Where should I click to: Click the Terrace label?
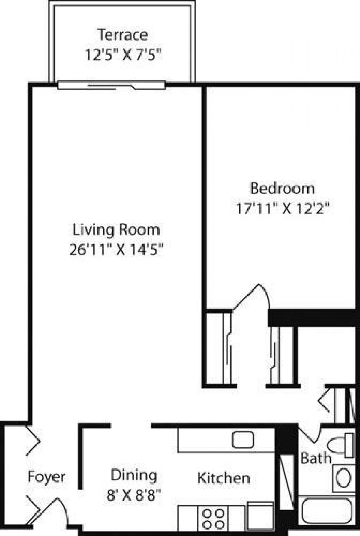[x=122, y=35]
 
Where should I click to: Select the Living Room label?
[x=116, y=230]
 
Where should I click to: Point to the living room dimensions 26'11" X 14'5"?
[x=116, y=250]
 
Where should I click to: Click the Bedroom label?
[x=282, y=189]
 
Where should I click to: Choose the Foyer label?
[x=46, y=477]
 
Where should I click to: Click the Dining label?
[x=134, y=475]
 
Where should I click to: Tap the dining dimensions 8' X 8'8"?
[x=134, y=495]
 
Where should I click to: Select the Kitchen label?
[x=223, y=478]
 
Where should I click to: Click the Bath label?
[x=316, y=458]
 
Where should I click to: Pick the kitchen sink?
[x=243, y=440]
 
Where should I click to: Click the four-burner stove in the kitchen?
[x=213, y=519]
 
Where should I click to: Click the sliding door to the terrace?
[x=111, y=86]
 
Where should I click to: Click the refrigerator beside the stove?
[x=260, y=516]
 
